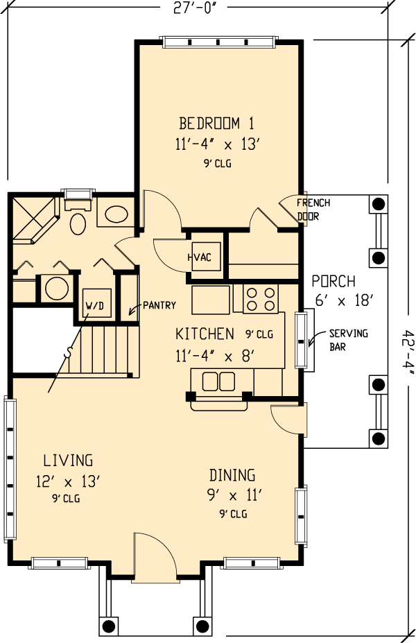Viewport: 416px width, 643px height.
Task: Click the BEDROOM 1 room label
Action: [216, 123]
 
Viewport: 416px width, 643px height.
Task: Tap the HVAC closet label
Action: [200, 257]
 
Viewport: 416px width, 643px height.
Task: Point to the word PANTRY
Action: [159, 305]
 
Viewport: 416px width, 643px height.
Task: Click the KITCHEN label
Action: [205, 334]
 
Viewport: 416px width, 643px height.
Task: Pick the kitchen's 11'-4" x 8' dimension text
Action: [215, 356]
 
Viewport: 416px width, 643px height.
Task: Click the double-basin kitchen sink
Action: [218, 381]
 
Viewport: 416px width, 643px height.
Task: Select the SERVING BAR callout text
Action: [349, 340]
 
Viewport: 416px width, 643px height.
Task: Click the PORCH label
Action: [333, 282]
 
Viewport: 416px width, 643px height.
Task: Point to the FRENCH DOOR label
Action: [313, 209]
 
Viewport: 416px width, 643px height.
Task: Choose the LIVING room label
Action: [68, 461]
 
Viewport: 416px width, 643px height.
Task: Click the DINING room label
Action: [232, 475]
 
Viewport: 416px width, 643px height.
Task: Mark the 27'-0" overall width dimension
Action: [194, 8]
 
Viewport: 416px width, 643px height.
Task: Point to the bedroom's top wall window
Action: [218, 42]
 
